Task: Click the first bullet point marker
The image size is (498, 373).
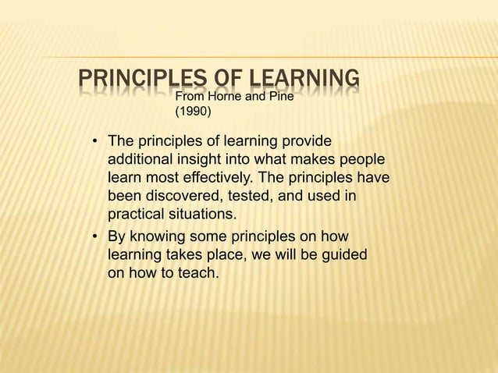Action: [x=94, y=143]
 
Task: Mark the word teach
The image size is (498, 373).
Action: [x=189, y=272]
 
